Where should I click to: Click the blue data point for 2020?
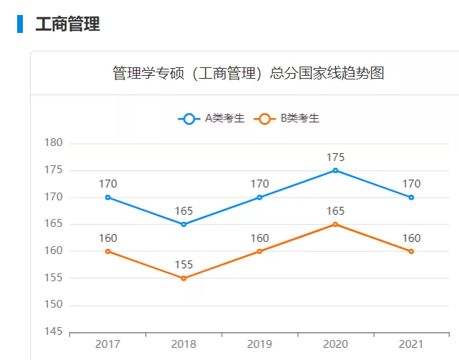[x=335, y=170]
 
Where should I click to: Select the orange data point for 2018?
[x=184, y=278]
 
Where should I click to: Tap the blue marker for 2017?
[x=108, y=198]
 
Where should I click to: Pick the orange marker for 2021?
[x=411, y=251]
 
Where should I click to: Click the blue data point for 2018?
[x=184, y=224]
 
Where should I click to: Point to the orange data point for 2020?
[x=335, y=224]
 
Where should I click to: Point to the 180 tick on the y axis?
[x=54, y=143]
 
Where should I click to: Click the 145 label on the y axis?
[x=54, y=332]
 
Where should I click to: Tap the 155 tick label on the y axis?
[x=54, y=278]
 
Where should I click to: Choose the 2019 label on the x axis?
[x=260, y=345]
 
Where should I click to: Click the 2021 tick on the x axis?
[x=411, y=345]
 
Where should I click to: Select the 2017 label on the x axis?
[x=108, y=345]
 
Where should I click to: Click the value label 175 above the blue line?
[x=335, y=157]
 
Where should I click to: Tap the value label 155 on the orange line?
[x=184, y=265]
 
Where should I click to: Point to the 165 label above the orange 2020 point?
[x=335, y=211]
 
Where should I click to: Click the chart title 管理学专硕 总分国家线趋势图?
[x=248, y=73]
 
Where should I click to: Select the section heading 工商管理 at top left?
[x=67, y=24]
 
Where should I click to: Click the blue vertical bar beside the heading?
[x=20, y=24]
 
